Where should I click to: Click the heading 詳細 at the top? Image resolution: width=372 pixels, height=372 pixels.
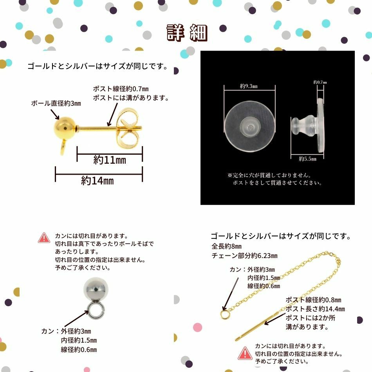(187, 33)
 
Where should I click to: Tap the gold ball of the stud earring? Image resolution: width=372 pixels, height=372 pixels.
(64, 128)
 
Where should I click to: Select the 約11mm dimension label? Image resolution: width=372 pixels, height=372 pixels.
(110, 160)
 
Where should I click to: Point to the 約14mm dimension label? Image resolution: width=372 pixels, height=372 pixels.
(97, 181)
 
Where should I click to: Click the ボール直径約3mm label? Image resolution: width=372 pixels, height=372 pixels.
(56, 103)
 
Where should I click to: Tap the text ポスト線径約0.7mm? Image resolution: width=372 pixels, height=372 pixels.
(121, 89)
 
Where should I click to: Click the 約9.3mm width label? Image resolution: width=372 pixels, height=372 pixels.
(249, 86)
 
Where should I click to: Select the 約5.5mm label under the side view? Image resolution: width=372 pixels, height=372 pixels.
(307, 159)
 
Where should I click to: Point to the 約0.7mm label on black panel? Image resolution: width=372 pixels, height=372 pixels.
(320, 82)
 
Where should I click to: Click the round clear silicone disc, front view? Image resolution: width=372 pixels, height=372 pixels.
(250, 126)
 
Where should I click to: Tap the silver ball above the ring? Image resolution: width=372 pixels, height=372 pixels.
(96, 289)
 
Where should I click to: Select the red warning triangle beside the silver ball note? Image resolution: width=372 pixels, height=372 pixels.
(44, 238)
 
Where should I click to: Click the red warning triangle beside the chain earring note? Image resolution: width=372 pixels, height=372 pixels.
(245, 353)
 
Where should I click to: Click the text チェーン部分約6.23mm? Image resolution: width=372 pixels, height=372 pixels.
(244, 256)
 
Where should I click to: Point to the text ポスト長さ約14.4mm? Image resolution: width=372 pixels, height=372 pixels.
(315, 309)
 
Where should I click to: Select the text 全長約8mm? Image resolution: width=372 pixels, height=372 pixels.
(227, 246)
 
